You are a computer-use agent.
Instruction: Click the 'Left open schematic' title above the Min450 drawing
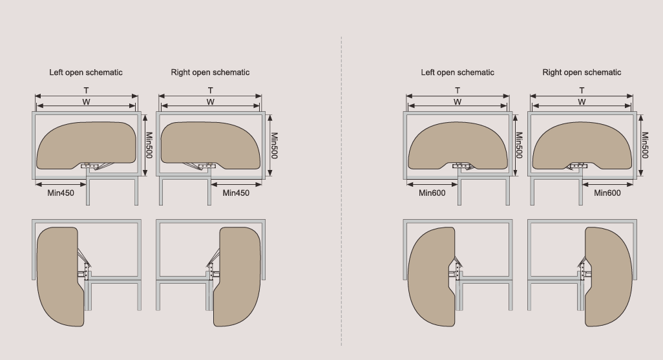(85, 72)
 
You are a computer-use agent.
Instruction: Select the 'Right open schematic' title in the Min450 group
(210, 72)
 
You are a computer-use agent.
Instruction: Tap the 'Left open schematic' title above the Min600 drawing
(458, 72)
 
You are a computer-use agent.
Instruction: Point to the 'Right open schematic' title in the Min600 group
(582, 72)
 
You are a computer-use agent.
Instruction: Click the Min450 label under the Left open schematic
(60, 193)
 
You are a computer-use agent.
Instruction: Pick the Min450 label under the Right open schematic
(236, 193)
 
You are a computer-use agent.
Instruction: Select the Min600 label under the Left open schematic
(432, 193)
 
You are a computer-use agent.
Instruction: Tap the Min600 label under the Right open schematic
(607, 193)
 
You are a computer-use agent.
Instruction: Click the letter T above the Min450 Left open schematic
(86, 90)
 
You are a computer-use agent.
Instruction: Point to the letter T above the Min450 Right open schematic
(211, 90)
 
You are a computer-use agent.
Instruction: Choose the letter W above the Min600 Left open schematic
(458, 102)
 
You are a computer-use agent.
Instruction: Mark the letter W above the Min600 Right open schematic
(582, 102)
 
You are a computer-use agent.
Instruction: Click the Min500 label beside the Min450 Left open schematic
(149, 145)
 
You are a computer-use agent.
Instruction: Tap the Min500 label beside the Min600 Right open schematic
(645, 145)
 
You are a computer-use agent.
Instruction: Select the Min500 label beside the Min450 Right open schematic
(274, 145)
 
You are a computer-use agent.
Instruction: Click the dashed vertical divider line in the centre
(341, 194)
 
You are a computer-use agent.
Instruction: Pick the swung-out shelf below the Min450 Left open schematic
(59, 275)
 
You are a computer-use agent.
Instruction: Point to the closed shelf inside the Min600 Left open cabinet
(458, 142)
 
